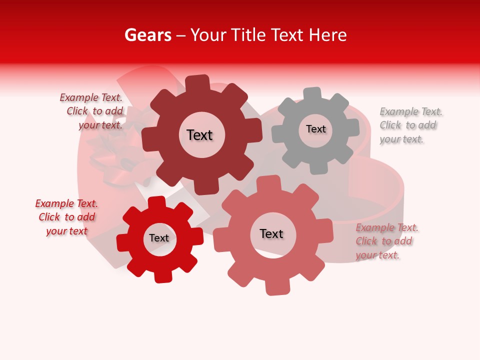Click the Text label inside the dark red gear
pos(199,135)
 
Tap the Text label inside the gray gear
pos(315,129)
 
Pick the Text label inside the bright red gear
pos(159,238)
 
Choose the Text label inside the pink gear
pos(271,233)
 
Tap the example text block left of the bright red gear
pos(66,217)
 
